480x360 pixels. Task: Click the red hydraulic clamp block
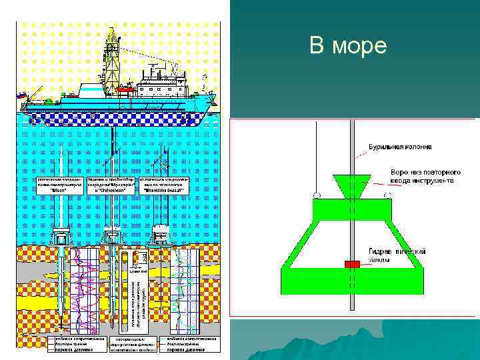click(x=352, y=264)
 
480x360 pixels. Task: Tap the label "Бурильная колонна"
click(x=400, y=146)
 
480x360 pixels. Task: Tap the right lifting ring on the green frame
click(x=387, y=196)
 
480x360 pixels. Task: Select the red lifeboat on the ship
click(x=125, y=87)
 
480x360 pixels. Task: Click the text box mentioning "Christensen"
click(x=111, y=185)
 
